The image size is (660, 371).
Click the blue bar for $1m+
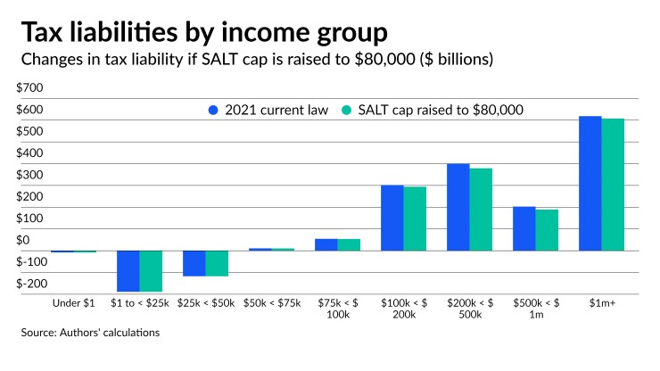(x=590, y=183)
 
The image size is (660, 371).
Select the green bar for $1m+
(x=613, y=185)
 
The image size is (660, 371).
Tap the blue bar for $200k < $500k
(x=458, y=207)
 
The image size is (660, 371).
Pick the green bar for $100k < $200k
(x=415, y=218)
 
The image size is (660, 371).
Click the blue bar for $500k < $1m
(x=524, y=228)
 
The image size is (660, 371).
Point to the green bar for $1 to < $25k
(x=151, y=271)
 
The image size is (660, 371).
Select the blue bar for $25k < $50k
(x=194, y=263)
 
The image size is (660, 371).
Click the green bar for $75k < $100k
(x=349, y=244)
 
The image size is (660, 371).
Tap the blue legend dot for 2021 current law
(x=212, y=111)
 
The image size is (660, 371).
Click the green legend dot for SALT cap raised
(x=348, y=111)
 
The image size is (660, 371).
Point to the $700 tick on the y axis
(x=29, y=88)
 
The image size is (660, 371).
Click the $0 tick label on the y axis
(x=23, y=241)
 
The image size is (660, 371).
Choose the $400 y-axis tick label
(x=29, y=153)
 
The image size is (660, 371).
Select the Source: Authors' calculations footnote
(x=90, y=333)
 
